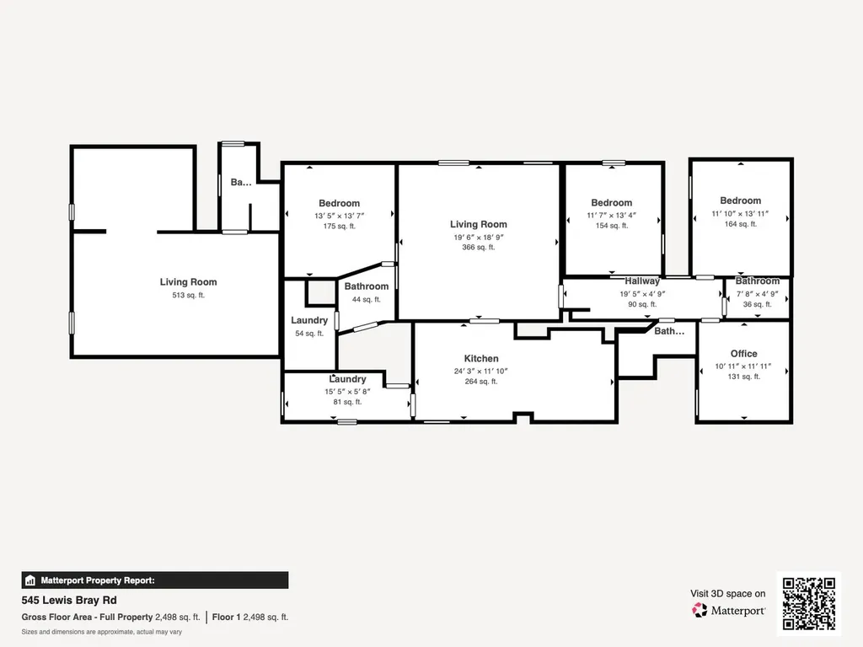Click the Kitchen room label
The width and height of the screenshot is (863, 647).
click(x=481, y=358)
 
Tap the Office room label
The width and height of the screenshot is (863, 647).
click(x=743, y=354)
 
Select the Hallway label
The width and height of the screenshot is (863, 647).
click(x=641, y=281)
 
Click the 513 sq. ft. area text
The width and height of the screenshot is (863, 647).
click(x=188, y=296)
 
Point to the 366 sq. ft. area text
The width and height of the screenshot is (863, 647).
click(x=479, y=248)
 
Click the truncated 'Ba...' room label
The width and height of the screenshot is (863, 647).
click(x=240, y=182)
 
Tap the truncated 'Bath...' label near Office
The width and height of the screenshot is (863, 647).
click(x=669, y=331)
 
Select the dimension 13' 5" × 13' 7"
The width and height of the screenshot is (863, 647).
click(x=339, y=216)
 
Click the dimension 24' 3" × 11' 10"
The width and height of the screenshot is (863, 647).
click(x=481, y=371)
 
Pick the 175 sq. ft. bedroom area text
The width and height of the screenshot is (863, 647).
click(x=339, y=226)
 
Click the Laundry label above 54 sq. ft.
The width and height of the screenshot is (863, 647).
click(x=309, y=321)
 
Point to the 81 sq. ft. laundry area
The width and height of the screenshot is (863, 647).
click(x=347, y=402)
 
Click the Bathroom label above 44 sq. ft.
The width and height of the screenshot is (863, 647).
click(x=367, y=286)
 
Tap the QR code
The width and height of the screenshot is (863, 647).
click(x=808, y=603)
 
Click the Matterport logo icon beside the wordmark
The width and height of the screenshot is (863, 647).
click(x=700, y=610)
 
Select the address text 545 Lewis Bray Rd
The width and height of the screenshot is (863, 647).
click(x=69, y=600)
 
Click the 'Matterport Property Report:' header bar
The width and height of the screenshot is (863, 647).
click(x=155, y=580)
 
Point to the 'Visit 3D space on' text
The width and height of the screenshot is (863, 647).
click(x=727, y=594)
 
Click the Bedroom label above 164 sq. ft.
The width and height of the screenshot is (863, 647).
click(x=740, y=201)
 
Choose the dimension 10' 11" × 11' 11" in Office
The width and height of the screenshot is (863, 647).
click(x=743, y=366)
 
